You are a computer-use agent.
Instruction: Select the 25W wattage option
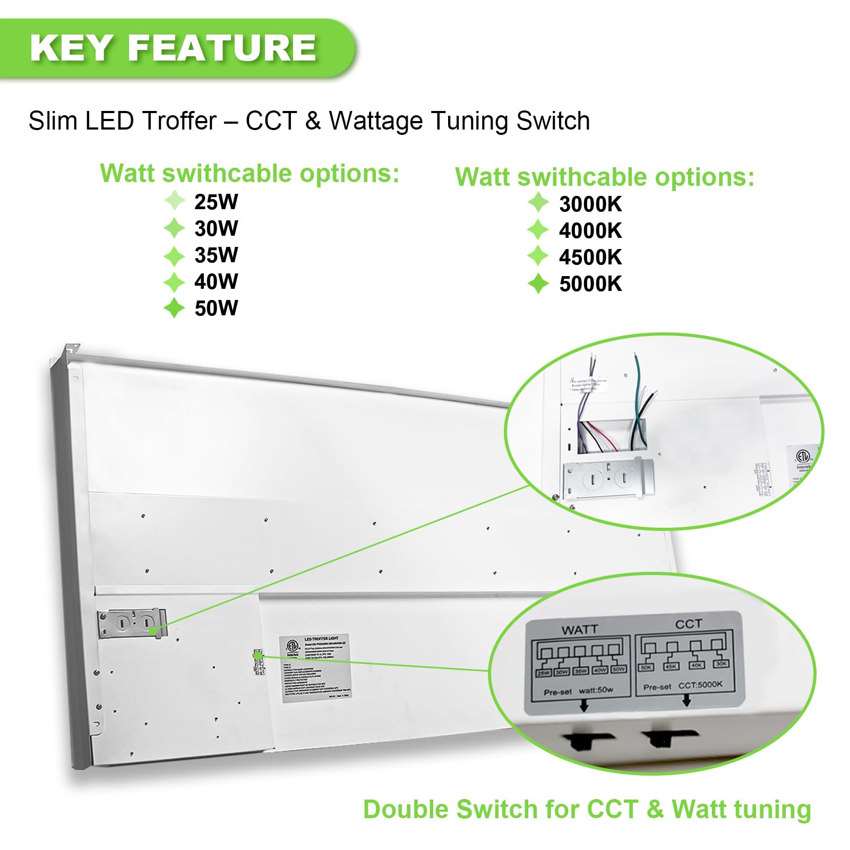(216, 202)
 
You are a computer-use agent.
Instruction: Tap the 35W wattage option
(216, 255)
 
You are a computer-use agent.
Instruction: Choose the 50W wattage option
(216, 308)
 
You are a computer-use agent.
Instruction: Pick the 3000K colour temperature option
(590, 204)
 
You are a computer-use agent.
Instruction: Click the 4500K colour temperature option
(590, 257)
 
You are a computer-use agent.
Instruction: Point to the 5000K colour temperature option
(590, 284)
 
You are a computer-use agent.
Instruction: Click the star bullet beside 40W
(174, 282)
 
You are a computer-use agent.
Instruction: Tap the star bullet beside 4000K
(538, 230)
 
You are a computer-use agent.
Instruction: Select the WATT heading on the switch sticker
(579, 630)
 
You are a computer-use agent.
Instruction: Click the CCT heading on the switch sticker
(688, 624)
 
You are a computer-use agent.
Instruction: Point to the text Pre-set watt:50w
(578, 691)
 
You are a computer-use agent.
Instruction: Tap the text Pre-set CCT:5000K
(683, 685)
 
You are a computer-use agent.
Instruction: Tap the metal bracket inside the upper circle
(607, 479)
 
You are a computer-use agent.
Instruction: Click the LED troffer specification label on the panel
(315, 667)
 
